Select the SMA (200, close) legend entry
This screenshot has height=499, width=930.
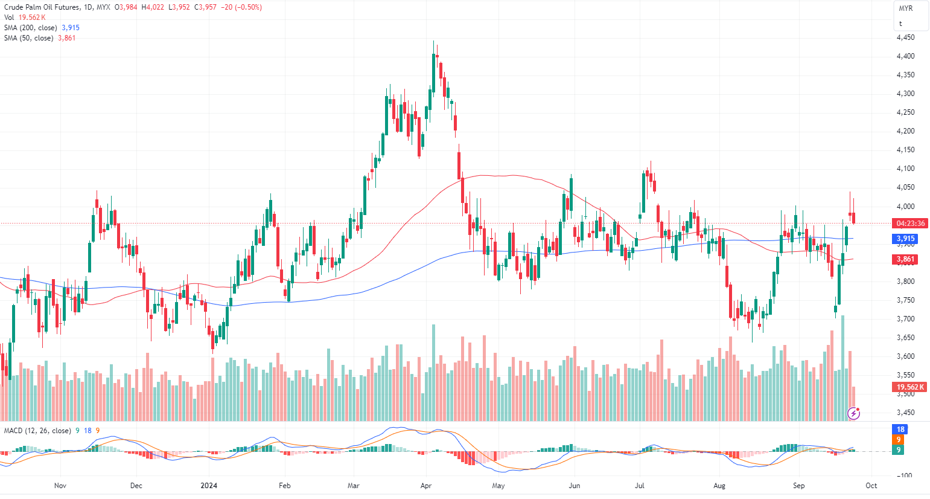pos(31,28)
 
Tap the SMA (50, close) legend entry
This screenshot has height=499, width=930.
pos(29,38)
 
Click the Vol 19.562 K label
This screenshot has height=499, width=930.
pos(25,18)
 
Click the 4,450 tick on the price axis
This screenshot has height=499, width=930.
pos(905,37)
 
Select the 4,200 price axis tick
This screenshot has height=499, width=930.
pos(905,131)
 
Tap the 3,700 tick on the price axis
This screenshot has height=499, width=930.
pos(905,319)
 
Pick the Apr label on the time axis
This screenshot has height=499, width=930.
pos(426,486)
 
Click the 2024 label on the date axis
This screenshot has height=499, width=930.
pos(209,486)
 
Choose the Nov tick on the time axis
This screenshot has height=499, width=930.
pos(60,486)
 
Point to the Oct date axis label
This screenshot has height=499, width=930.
pos(871,486)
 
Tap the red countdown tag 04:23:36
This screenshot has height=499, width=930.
pos(910,224)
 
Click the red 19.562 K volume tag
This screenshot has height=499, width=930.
pos(910,387)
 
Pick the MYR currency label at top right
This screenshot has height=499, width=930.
pos(906,8)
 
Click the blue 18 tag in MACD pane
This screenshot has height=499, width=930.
pos(900,430)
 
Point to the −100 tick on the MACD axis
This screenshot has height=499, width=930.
pos(904,476)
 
